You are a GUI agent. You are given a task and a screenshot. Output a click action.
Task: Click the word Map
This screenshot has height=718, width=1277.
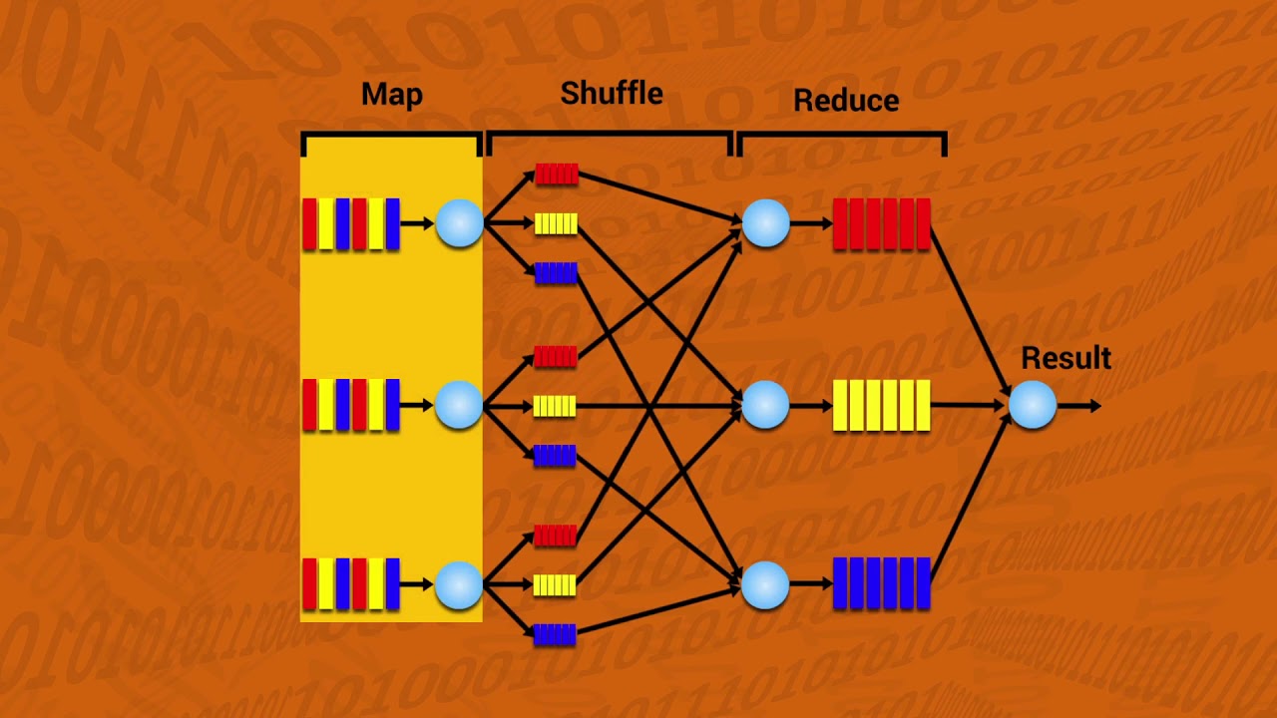coord(391,95)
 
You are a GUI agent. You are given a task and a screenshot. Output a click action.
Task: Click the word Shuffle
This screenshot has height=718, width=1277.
coord(612,94)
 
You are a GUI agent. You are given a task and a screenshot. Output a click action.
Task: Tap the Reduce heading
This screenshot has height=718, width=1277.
coord(846,101)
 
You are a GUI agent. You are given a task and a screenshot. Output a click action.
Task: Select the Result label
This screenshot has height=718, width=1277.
coord(1065,359)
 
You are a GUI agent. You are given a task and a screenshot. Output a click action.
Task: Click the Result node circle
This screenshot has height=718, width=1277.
coord(1033,406)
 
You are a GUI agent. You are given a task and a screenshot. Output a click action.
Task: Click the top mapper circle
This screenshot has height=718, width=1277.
coord(459,223)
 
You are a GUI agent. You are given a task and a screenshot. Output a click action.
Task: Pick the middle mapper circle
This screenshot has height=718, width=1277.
coord(459,405)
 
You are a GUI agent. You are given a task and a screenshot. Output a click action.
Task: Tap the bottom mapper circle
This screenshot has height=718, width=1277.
coord(459,584)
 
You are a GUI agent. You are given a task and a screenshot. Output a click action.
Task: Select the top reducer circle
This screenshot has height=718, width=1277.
coord(765,223)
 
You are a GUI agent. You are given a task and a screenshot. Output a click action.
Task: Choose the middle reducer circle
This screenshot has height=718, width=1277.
coord(765,405)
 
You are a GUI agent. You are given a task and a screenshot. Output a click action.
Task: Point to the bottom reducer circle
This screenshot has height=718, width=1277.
coord(765,584)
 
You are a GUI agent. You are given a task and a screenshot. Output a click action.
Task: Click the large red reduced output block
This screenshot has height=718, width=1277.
coord(881,223)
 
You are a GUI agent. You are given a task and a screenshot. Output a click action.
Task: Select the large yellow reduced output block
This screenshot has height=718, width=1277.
coord(881,405)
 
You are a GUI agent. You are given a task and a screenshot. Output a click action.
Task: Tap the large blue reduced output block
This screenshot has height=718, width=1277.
coord(881,583)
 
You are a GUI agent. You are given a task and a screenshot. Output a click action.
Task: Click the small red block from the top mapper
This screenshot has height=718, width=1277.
coord(556,175)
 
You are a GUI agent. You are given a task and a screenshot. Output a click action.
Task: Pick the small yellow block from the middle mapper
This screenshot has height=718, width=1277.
coord(555,406)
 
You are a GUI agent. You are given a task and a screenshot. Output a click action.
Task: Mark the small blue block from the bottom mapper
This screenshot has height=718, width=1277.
coord(555,634)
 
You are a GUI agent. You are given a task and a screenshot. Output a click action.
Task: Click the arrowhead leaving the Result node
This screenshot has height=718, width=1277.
coord(1094,406)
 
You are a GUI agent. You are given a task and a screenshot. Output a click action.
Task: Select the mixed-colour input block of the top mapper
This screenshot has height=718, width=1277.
coord(351,223)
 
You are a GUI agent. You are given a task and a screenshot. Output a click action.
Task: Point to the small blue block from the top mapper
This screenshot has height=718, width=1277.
coord(556,273)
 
